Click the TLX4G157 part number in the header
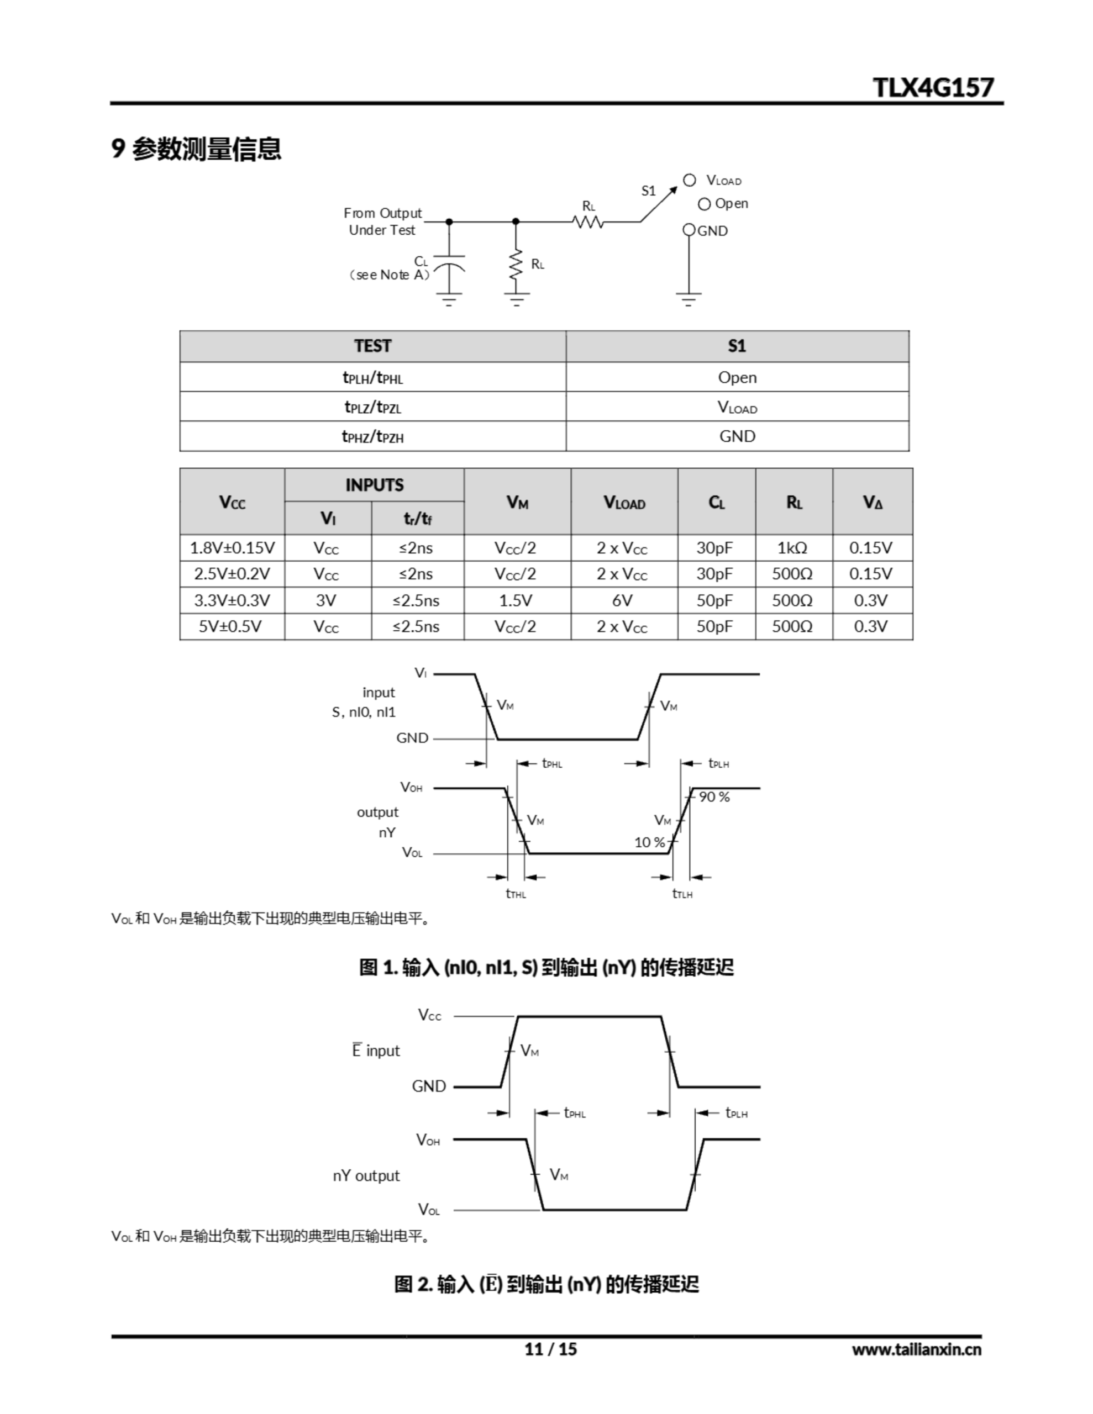click(932, 87)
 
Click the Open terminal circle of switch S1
click(705, 204)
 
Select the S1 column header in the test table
click(737, 346)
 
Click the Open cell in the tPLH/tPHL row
click(737, 377)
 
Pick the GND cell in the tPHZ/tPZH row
click(737, 436)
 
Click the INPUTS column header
click(374, 485)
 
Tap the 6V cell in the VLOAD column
click(623, 600)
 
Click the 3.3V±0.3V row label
click(232, 600)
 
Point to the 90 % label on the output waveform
click(714, 797)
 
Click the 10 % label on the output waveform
click(649, 842)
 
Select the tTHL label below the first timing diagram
click(516, 894)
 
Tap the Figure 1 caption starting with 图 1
click(546, 967)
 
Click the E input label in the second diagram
click(376, 1050)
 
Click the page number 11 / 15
click(550, 1349)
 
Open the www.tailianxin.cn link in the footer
click(916, 1349)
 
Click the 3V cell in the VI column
click(327, 600)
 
